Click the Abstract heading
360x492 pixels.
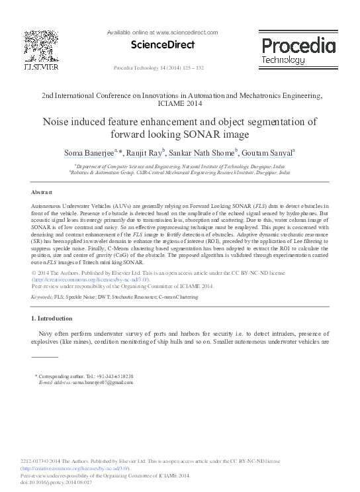[x=42, y=192]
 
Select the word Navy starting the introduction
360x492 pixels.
[x=46, y=334]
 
